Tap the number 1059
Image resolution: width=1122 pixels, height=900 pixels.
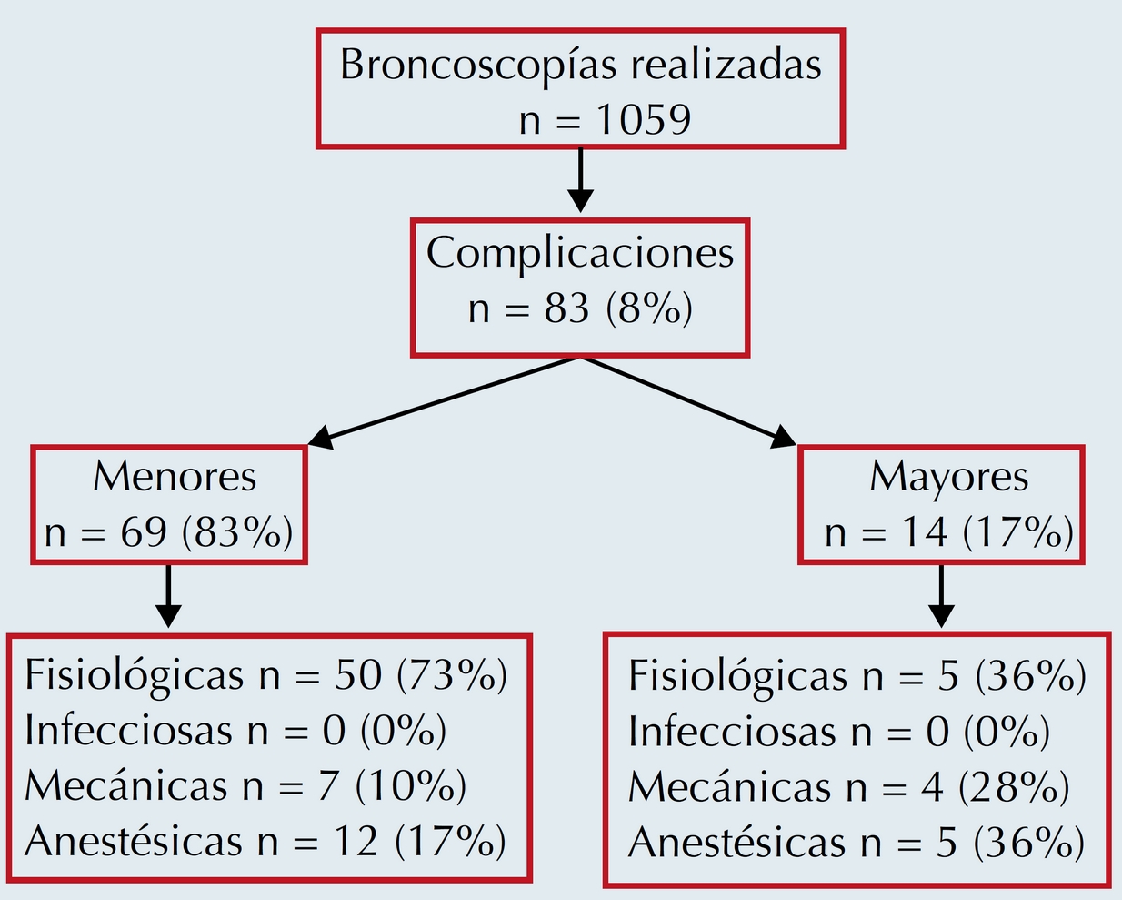point(643,119)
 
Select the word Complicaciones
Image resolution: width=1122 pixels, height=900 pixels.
point(580,253)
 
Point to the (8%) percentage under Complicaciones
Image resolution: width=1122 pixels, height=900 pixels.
point(649,308)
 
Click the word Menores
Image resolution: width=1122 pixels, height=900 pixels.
point(175,477)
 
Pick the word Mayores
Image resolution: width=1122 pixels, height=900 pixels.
point(948,477)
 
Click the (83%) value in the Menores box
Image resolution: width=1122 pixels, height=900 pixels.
point(237,532)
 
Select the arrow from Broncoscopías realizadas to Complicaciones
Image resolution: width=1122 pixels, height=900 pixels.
point(580,182)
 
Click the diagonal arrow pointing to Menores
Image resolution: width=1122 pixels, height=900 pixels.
point(446,401)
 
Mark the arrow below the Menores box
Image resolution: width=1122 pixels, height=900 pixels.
point(168,596)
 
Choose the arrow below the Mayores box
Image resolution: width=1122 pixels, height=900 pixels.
point(941,596)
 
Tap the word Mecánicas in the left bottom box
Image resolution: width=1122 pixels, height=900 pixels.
point(125,786)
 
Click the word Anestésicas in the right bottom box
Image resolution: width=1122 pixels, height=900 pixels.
point(737,844)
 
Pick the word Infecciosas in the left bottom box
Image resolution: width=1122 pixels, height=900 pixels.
point(128,731)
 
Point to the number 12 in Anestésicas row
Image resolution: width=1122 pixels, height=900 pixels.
point(355,842)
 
